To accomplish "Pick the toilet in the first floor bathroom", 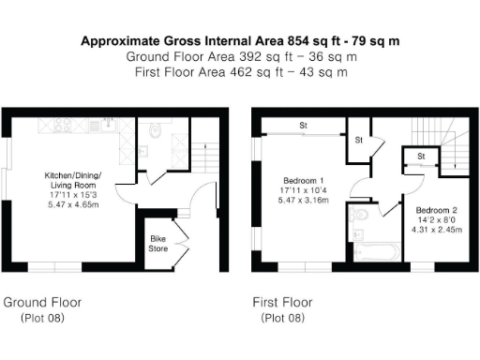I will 357,217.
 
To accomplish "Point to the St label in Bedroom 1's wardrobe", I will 304,125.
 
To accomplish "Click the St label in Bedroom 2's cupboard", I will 421,156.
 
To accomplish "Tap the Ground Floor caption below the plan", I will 42,303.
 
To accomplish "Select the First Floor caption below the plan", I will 282,303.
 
